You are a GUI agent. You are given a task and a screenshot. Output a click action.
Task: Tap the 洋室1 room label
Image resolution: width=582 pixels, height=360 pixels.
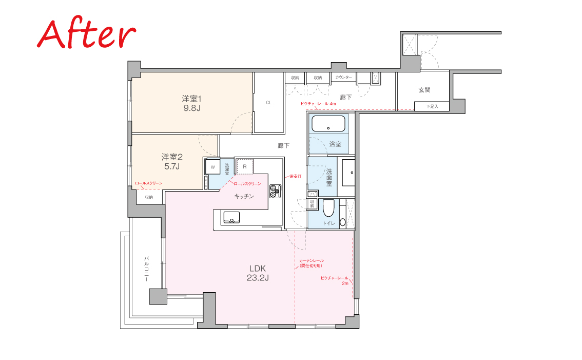[191, 99]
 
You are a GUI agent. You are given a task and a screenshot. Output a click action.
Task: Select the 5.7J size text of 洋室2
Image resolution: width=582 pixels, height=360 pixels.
[172, 166]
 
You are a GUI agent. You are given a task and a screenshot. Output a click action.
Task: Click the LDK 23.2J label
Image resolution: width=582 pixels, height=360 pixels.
[258, 273]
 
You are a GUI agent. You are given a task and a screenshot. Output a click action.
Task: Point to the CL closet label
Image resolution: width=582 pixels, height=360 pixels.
[268, 103]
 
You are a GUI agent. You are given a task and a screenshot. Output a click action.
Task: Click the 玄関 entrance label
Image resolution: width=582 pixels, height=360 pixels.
[424, 89]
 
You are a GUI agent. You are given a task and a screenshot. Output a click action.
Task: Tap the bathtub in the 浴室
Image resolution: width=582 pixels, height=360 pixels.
[328, 124]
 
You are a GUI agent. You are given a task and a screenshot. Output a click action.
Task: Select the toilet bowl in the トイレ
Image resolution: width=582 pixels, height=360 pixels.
[328, 208]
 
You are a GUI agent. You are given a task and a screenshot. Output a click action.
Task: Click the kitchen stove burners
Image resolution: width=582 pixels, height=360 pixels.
[276, 191]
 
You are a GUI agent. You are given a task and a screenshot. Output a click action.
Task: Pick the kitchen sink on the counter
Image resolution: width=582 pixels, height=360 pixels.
[230, 217]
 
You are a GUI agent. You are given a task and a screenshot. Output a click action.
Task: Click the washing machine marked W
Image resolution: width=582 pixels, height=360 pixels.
[212, 167]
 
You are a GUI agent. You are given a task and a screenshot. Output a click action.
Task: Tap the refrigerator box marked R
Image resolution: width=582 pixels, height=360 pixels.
[245, 166]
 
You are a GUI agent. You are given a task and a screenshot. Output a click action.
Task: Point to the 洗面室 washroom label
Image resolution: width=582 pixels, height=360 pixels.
[329, 177]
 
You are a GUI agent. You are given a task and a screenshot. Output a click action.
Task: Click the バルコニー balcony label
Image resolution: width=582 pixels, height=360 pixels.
[147, 269]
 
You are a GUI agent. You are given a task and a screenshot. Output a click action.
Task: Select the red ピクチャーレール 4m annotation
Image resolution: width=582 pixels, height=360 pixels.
[318, 104]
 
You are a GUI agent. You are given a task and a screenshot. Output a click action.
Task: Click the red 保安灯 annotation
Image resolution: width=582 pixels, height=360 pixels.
[296, 177]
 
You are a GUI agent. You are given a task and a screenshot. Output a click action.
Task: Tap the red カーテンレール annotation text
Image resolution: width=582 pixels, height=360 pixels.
[312, 261]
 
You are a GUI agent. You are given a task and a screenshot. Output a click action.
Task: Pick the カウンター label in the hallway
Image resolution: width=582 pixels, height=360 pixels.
[344, 77]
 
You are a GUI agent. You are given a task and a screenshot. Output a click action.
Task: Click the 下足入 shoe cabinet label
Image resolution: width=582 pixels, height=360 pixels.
[432, 106]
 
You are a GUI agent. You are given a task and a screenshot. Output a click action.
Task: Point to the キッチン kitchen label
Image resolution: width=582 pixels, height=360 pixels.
[244, 196]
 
